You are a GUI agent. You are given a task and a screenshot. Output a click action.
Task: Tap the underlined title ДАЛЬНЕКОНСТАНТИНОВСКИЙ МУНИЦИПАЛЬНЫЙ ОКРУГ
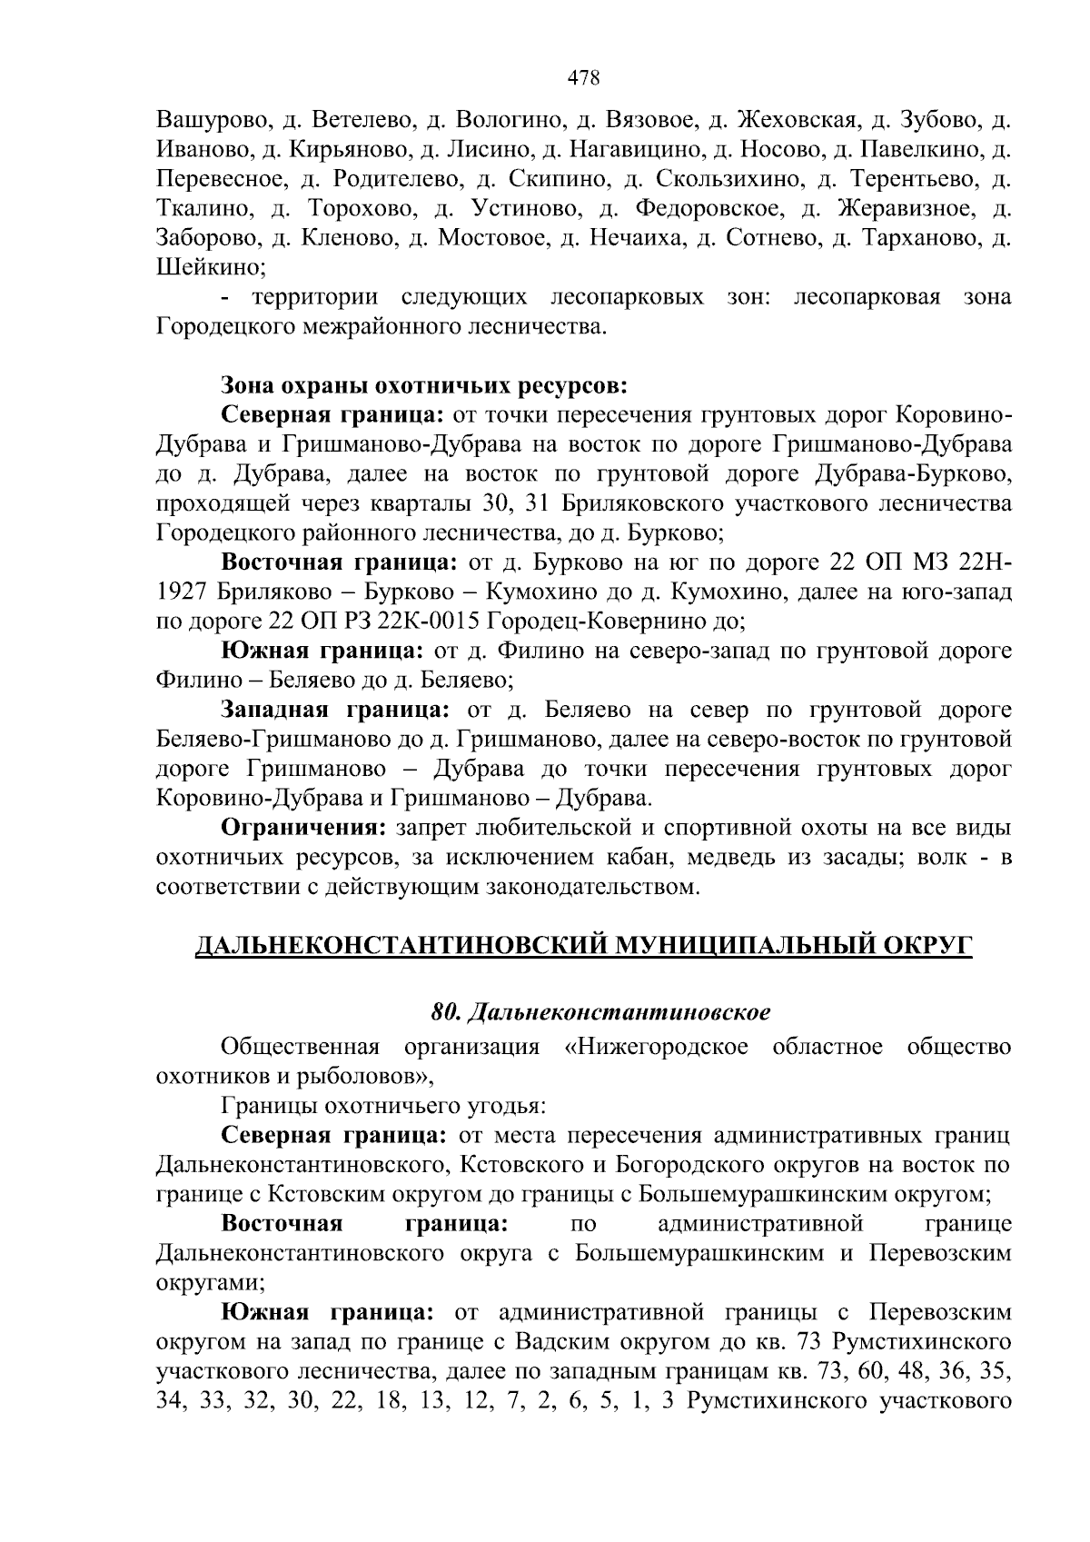coord(584,946)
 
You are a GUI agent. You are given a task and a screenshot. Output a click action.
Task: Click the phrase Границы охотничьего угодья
coord(382,1106)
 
